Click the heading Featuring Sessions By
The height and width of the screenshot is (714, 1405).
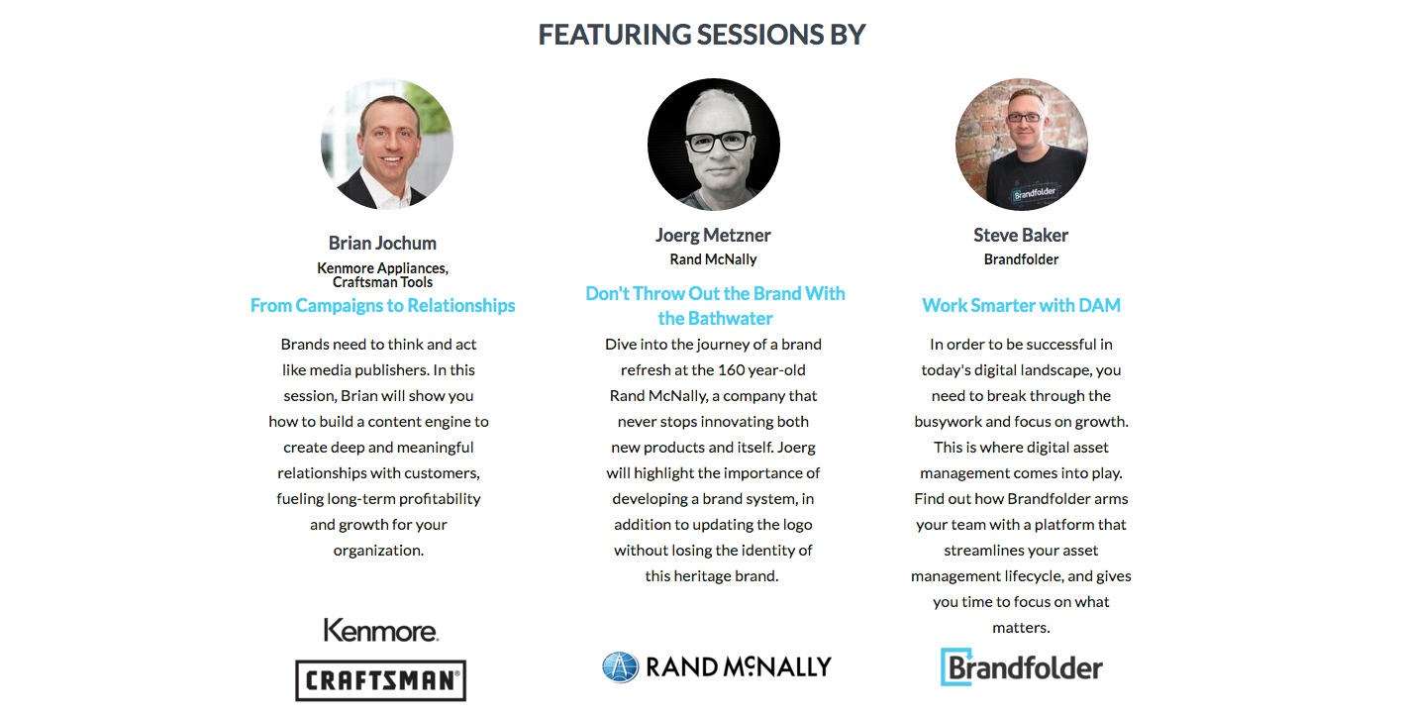702,35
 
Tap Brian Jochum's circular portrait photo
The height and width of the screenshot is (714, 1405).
387,144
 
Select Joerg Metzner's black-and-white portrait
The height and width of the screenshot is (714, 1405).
714,144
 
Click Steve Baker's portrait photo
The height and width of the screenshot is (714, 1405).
1021,144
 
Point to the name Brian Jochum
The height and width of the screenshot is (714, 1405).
382,243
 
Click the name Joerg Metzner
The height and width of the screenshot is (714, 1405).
713,236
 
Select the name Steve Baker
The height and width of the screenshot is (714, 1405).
1021,236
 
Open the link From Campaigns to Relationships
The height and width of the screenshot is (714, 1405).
382,306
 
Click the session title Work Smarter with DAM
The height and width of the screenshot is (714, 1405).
1021,306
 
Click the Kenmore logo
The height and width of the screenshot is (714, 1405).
381,630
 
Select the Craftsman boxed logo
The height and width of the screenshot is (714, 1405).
381,680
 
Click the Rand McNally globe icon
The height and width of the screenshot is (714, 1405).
621,666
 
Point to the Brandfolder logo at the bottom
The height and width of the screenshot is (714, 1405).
1021,666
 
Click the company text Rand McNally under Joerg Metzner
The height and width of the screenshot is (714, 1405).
713,259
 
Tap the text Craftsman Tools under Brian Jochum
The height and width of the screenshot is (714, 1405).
382,282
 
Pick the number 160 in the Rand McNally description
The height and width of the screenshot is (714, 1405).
731,370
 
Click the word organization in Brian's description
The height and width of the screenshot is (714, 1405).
378,551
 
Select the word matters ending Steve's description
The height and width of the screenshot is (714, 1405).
1021,628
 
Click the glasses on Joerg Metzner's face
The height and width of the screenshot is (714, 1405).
719,142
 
